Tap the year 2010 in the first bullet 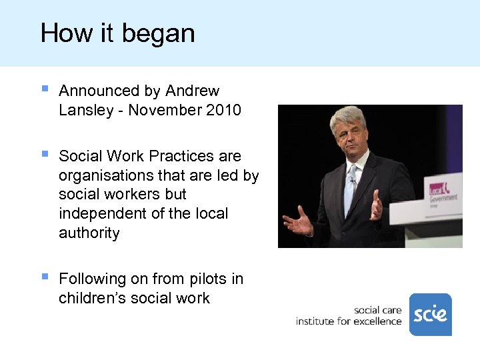pos(223,110)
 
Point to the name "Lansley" pos(86,110)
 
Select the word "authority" pos(89,233)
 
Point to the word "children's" pos(94,298)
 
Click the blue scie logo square pos(430,314)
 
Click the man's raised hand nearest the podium pos(377,205)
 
